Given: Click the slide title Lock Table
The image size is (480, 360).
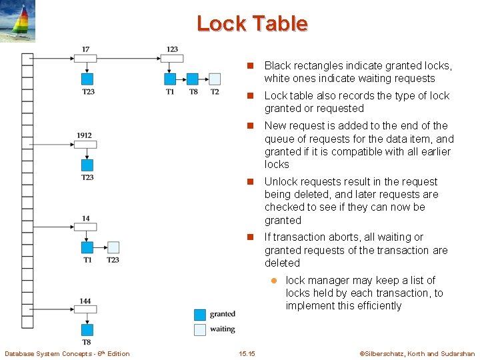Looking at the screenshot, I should pos(252,24).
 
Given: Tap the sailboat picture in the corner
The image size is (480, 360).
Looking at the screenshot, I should pos(17,21).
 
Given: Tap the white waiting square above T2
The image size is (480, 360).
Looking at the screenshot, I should pos(214,79).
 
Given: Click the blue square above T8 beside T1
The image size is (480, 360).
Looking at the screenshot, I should pos(193,79).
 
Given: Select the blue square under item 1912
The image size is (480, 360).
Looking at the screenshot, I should pos(87,165).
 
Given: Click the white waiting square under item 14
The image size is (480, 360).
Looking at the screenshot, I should pos(113,247).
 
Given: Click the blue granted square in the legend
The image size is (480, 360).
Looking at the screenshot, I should pos(199,315).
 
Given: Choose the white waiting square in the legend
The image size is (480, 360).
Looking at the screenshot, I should pos(199,329).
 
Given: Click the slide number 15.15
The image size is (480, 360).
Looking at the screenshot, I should pos(247,354).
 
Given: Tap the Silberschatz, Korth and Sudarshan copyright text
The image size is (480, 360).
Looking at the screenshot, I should pos(417,354).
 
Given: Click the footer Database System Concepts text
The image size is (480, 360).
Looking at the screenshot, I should pos(67,354).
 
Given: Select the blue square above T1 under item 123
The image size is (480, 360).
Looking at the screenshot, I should pos(171,79).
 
